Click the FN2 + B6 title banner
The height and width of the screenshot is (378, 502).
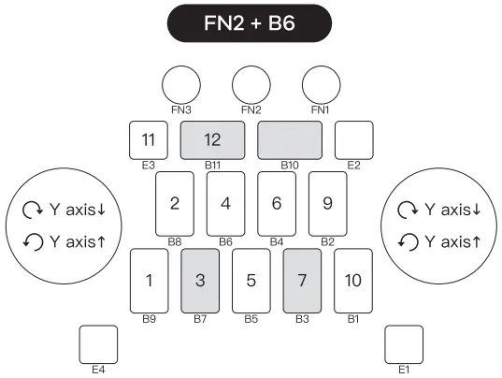(x=250, y=23)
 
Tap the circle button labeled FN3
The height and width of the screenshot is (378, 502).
(x=180, y=85)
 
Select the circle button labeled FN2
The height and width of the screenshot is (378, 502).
(x=251, y=85)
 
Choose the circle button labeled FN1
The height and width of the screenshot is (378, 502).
(x=320, y=85)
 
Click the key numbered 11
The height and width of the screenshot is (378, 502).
(x=149, y=140)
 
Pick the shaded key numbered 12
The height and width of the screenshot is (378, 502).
(x=212, y=140)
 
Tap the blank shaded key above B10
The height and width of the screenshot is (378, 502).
(x=289, y=140)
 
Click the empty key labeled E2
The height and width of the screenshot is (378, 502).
(x=352, y=140)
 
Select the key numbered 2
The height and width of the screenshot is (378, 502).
(x=174, y=202)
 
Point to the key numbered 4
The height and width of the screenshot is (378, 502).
(x=225, y=202)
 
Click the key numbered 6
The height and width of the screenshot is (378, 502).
(x=276, y=202)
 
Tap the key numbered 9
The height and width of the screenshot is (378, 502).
(x=327, y=202)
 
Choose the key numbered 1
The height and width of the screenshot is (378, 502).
(x=149, y=280)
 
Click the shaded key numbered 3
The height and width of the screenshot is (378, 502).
(x=199, y=280)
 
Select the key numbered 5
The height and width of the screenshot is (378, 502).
(x=251, y=280)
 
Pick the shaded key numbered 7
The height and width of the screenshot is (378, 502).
(x=302, y=280)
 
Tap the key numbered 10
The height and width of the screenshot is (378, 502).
(x=352, y=280)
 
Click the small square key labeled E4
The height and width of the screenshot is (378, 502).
(x=98, y=343)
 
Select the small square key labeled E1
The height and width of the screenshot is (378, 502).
(x=404, y=343)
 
